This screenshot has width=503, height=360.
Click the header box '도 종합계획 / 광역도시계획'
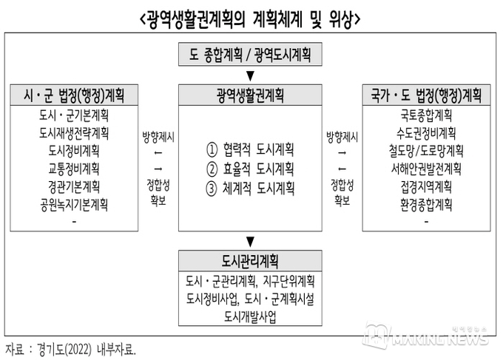pos(250,54)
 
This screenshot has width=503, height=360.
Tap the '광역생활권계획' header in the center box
pos(250,95)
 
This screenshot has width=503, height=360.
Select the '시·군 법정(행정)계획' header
pos(74,95)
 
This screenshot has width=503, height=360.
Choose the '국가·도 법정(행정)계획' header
pos(426,95)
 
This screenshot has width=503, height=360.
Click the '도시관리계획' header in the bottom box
pos(250,261)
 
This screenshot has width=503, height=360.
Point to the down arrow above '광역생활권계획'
pos(250,75)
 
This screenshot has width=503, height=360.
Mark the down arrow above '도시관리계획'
pos(250,242)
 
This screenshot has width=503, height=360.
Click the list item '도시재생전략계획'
pos(74,133)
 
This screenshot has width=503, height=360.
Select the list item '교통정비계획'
pos(74,169)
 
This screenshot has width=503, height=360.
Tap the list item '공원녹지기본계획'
pos(74,205)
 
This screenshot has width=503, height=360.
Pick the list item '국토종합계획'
pos(426,115)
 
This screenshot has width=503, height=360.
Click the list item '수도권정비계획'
pos(426,133)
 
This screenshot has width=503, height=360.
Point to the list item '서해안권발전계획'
pos(426,169)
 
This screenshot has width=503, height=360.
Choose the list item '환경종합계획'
pos(426,205)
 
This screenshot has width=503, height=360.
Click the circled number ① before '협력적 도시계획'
pos(212,150)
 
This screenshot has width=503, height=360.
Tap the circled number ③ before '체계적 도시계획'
pos(212,189)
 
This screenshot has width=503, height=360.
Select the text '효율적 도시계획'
pos(258,169)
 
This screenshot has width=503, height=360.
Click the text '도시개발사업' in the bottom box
pos(250,316)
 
